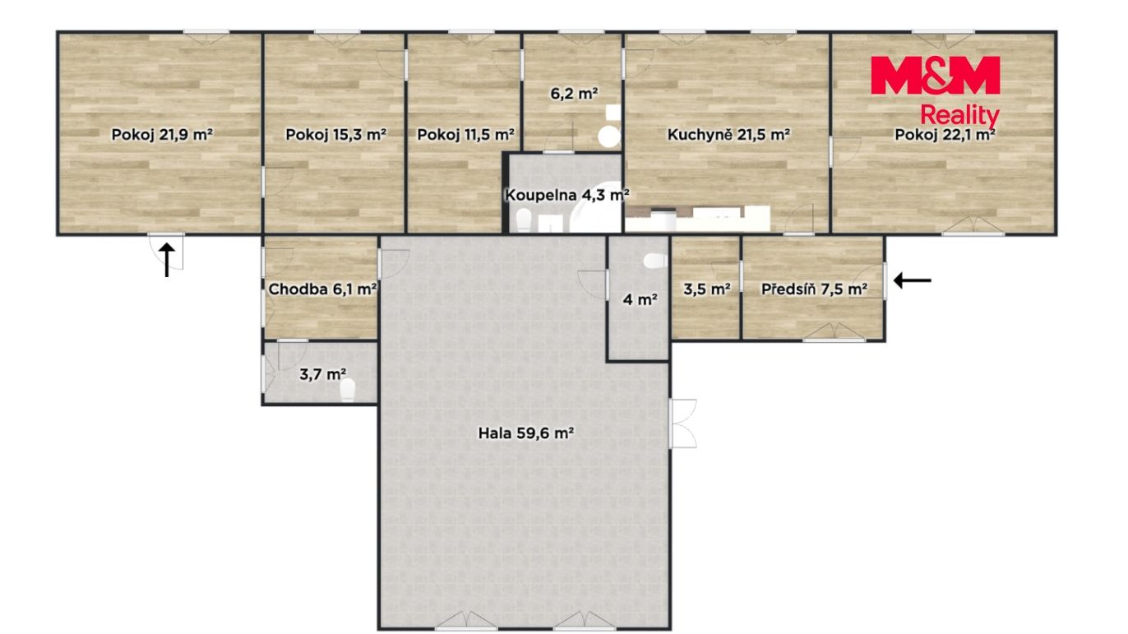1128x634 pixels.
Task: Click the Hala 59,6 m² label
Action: (525, 433)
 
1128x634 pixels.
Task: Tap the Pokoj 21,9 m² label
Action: (162, 135)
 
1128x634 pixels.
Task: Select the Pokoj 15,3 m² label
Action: (335, 135)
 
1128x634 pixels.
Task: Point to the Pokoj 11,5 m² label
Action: (465, 135)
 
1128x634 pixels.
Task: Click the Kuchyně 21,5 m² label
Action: (728, 135)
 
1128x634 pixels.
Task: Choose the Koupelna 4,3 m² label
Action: (567, 195)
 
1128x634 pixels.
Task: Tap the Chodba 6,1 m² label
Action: (322, 289)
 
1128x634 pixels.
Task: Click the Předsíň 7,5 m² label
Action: (814, 289)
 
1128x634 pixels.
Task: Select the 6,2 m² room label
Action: (574, 93)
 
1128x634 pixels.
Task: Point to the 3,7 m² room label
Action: (322, 374)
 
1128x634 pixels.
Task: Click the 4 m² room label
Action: (640, 299)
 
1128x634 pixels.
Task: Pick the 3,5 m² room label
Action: (706, 289)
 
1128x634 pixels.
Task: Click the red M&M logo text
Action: (935, 75)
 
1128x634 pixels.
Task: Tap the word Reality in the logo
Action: (959, 116)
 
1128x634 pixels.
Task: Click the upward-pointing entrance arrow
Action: (167, 260)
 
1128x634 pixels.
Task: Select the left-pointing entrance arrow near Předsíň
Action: (913, 280)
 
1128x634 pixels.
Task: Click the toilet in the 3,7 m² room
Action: (348, 391)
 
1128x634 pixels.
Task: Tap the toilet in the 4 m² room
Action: (655, 261)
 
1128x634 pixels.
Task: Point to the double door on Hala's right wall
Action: (683, 423)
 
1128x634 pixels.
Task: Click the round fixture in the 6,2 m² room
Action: (609, 137)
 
